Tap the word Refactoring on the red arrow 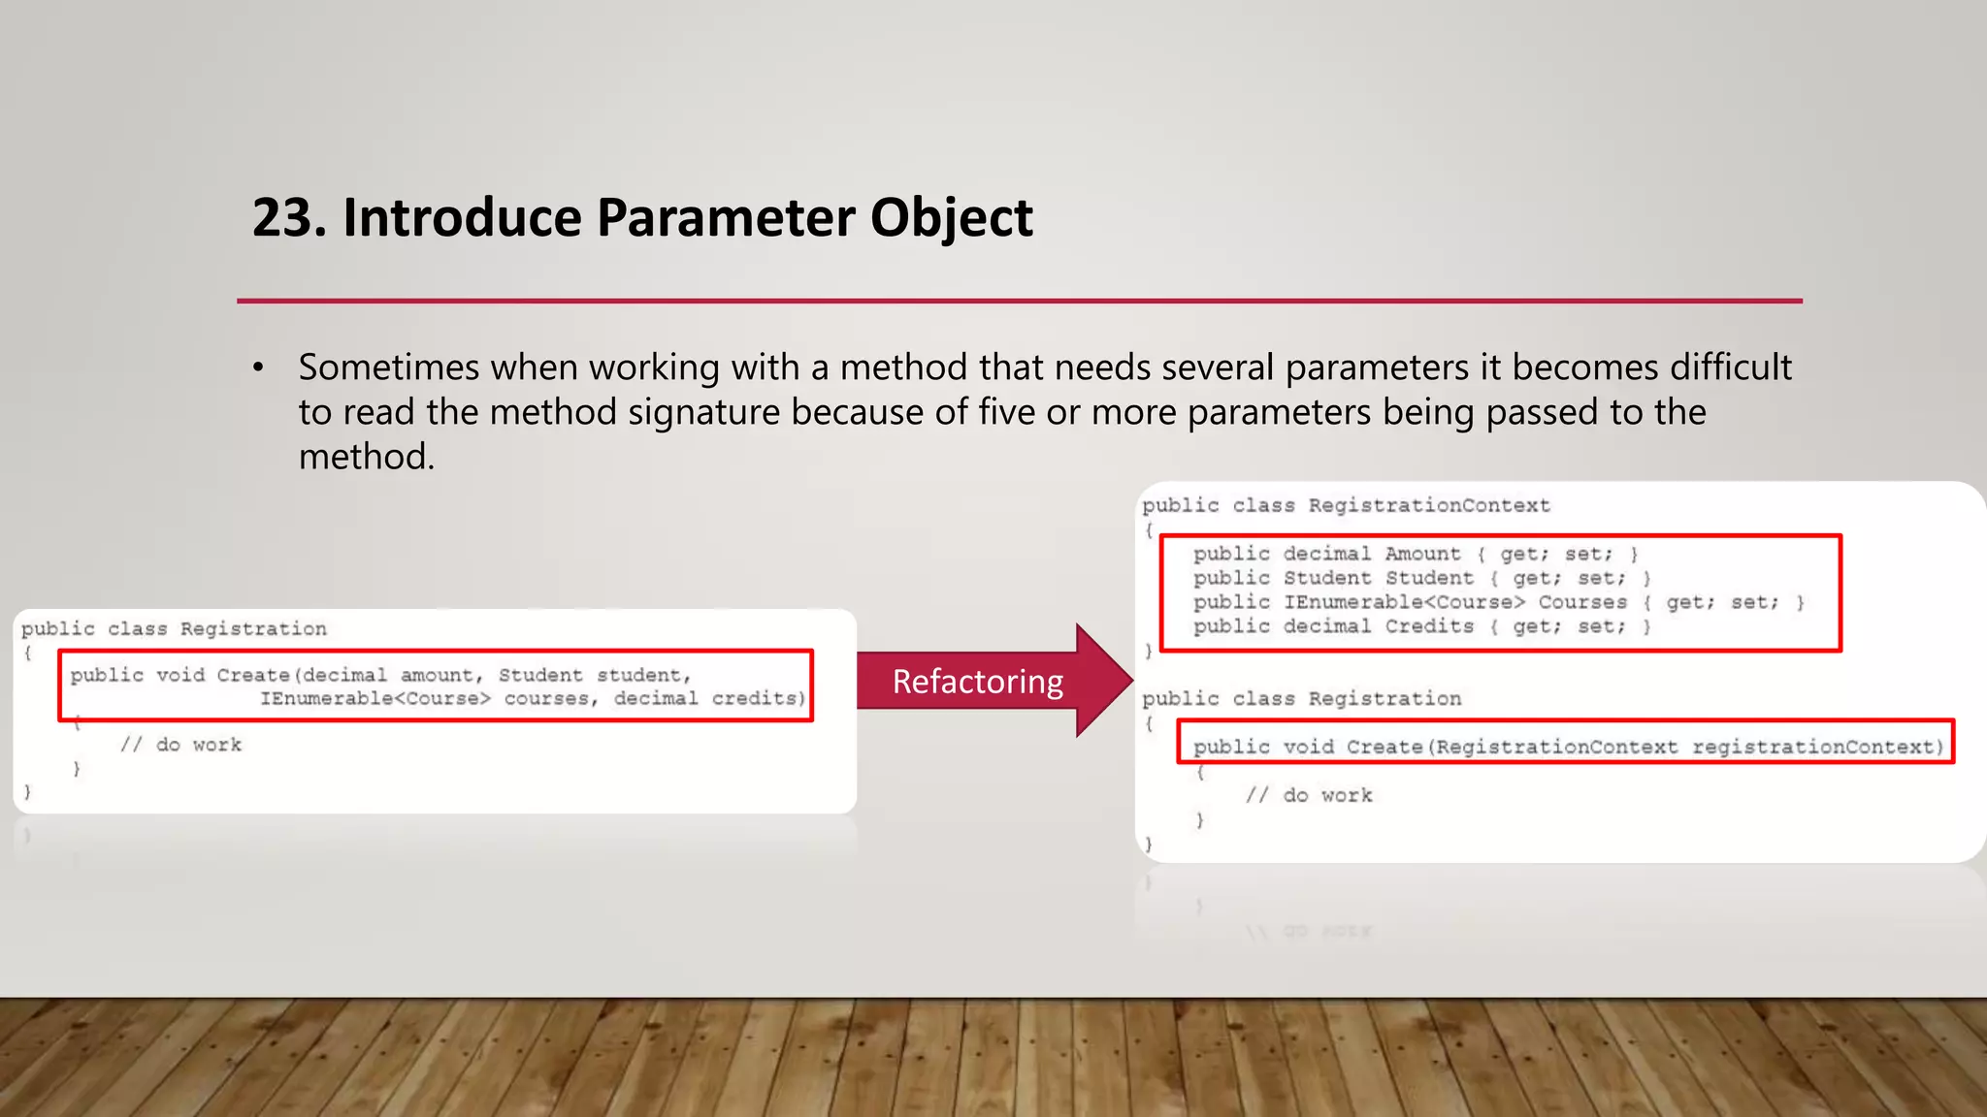(977, 682)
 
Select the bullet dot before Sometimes (258, 368)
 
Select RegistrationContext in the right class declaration (1429, 505)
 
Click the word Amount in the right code (1422, 554)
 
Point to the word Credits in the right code (1429, 626)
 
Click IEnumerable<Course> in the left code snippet (375, 698)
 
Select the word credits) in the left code (759, 698)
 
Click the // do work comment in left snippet (180, 745)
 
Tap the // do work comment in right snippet (1309, 795)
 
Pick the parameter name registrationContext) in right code (1818, 747)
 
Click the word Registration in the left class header (253, 628)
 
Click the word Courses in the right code (1582, 602)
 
